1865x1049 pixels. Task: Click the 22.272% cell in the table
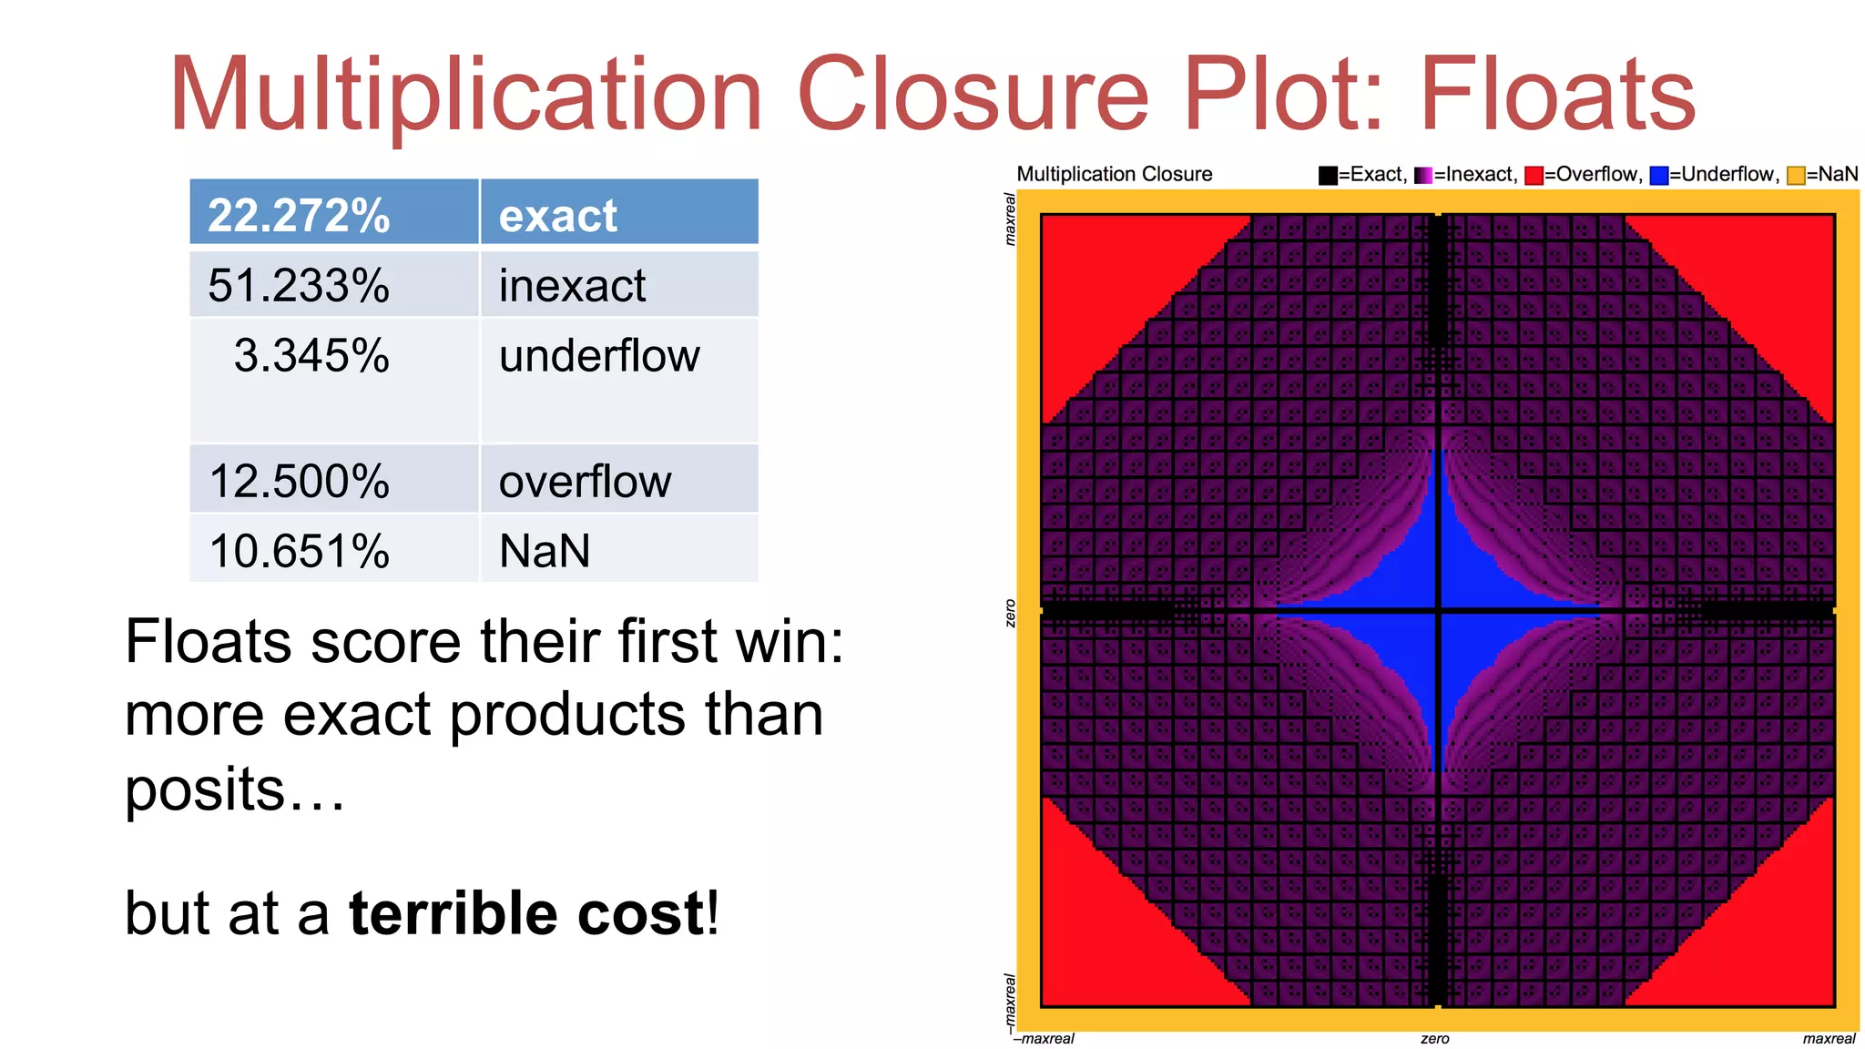[299, 215]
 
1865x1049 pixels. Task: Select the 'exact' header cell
[558, 215]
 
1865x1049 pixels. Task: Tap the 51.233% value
[299, 285]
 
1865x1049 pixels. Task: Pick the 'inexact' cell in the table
[572, 285]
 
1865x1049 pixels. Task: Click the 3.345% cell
[311, 355]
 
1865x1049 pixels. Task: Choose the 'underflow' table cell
[599, 355]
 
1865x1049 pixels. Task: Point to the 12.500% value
[299, 481]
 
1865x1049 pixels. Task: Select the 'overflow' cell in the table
[585, 481]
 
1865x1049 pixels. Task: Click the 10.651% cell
[299, 551]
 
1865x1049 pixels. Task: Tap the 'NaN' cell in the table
[545, 551]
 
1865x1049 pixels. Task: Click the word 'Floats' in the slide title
[1557, 95]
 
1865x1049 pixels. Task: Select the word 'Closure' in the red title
[973, 95]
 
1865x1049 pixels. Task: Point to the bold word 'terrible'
[452, 913]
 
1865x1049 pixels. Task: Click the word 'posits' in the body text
[204, 789]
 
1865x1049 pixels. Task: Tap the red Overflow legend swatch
[1534, 175]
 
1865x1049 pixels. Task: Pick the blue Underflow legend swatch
[1659, 175]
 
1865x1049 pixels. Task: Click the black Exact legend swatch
[1328, 175]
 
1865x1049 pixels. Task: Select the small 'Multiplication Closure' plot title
[1114, 174]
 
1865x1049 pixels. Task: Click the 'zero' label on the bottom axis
[1434, 1039]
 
